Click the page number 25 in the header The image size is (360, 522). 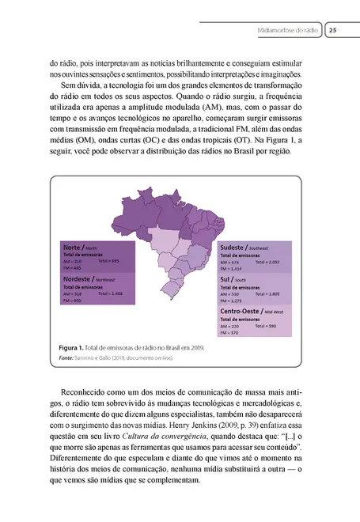[x=333, y=31]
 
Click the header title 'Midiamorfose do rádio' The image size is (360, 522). [x=288, y=31]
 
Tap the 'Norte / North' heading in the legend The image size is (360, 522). [x=80, y=248]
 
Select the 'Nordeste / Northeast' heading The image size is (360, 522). [x=89, y=279]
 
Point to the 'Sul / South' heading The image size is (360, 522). [x=237, y=279]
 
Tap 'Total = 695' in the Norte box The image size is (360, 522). [x=108, y=261]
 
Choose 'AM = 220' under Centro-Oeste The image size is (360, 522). [x=230, y=326]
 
